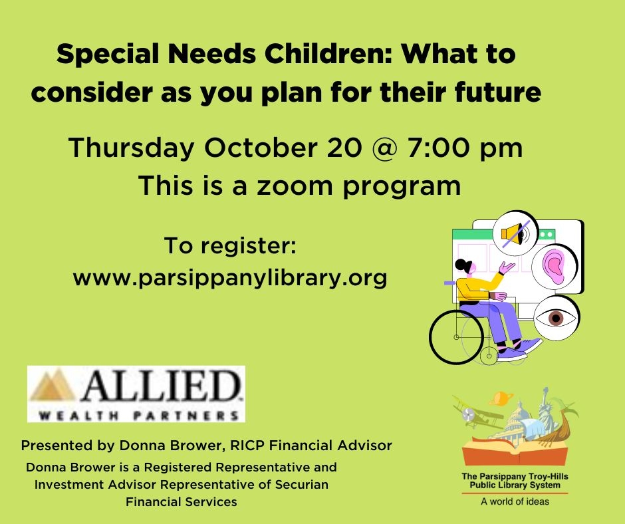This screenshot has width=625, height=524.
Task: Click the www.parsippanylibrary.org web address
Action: click(229, 277)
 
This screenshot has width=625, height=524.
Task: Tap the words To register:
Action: click(229, 246)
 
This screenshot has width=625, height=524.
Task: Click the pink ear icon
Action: click(554, 264)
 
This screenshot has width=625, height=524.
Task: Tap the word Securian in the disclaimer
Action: click(302, 484)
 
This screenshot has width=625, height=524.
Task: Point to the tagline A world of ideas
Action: click(515, 501)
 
